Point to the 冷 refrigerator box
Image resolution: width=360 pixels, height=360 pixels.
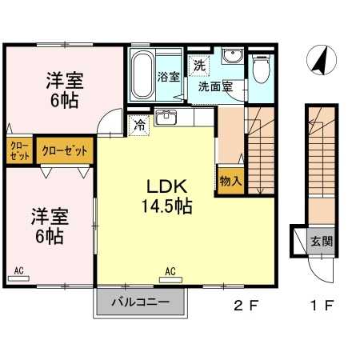tap(139, 125)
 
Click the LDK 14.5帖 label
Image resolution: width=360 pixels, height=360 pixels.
tap(167, 196)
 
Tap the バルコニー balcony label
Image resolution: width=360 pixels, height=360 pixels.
tap(139, 303)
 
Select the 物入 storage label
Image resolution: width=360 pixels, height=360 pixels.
tap(230, 182)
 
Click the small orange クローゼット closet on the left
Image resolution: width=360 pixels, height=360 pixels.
tap(18, 150)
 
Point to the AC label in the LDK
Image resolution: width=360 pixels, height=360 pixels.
tap(170, 271)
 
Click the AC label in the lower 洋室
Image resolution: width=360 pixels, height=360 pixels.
tap(18, 271)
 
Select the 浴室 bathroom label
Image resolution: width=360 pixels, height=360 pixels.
tap(169, 78)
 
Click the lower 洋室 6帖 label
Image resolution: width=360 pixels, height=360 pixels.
tap(50, 225)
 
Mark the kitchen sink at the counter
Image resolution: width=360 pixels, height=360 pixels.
tap(167, 119)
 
